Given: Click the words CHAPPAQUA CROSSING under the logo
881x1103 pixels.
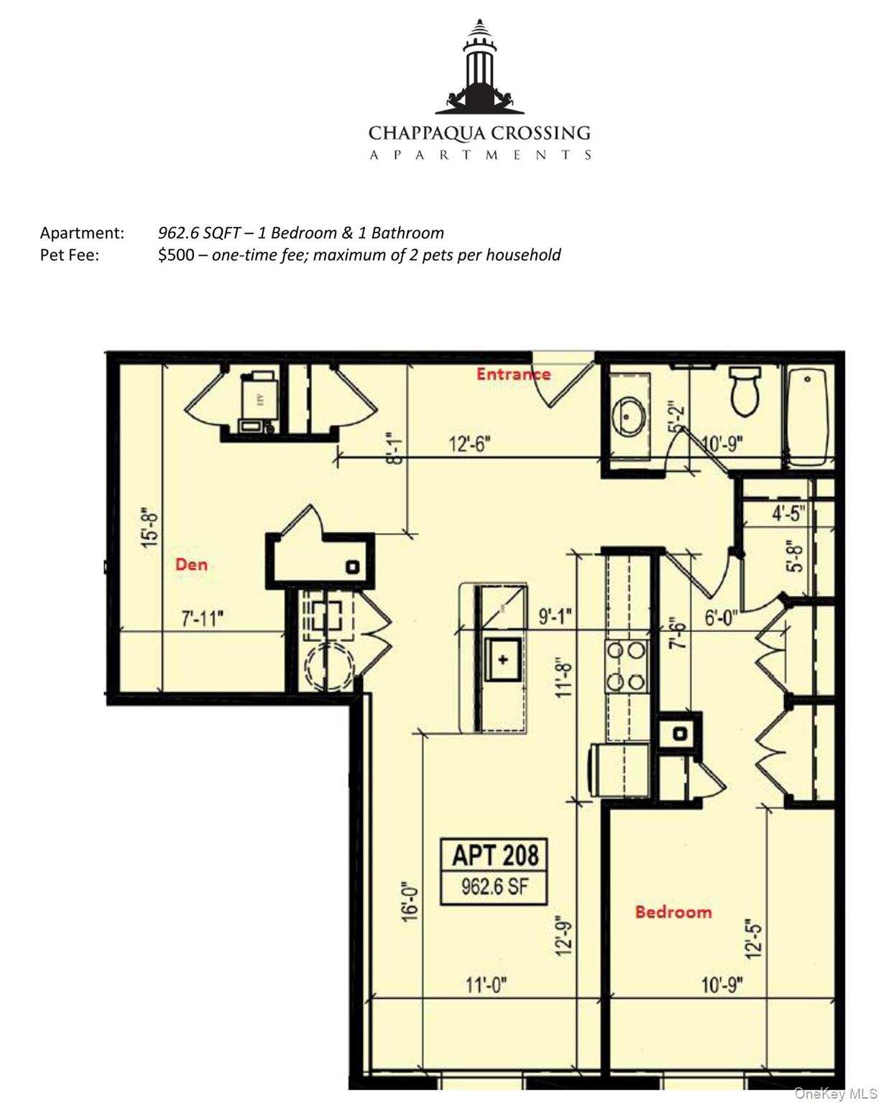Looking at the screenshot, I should point(479,134).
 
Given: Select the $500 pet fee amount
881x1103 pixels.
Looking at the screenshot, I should point(175,255).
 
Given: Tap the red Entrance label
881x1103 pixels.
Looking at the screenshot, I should point(513,374).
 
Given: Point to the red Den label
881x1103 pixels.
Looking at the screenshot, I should point(191,564).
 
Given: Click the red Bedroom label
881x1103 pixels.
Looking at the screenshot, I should point(673,912).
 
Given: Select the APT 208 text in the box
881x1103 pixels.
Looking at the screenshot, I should point(495,855).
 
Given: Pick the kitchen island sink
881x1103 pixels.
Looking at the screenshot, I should point(503,658).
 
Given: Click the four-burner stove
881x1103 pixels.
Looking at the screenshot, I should point(626,666).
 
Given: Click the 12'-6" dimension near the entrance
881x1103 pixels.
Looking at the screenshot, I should point(470,444).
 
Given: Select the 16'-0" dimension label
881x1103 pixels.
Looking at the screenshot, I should point(410,901).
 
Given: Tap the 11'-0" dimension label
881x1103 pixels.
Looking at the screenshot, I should point(486,985).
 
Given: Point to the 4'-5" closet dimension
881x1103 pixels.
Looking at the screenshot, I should point(788,513).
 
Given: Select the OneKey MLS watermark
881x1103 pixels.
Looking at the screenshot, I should point(835,1094).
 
